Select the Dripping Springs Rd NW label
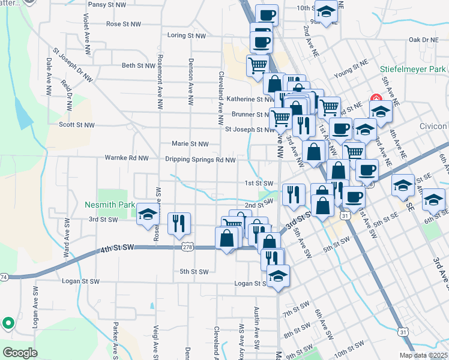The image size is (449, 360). (200, 160)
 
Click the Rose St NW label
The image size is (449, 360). (124, 25)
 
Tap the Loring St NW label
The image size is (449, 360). (186, 36)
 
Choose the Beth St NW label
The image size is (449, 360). (138, 65)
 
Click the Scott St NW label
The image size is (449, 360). (76, 125)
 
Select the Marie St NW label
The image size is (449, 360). (190, 144)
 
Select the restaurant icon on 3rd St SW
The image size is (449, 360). (179, 223)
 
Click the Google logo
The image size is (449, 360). (20, 353)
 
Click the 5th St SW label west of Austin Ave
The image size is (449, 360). (193, 272)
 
